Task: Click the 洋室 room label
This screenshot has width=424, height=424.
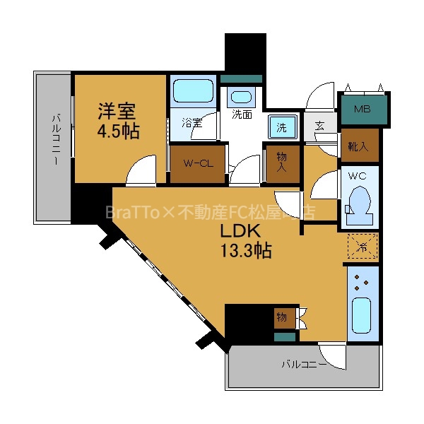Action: [x=117, y=111]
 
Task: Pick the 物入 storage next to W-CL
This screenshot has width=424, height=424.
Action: [x=281, y=163]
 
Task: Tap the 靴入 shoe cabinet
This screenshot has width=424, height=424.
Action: [x=358, y=146]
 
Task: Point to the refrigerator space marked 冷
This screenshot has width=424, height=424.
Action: [x=362, y=247]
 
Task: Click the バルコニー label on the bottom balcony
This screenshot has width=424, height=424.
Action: [x=304, y=365]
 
